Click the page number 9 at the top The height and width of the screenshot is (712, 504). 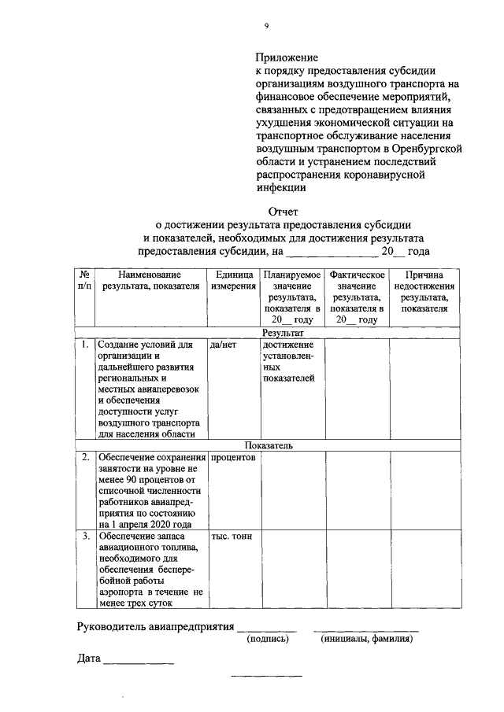point(266,25)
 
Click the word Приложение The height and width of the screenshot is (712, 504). point(286,57)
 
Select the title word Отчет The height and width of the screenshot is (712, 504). point(285,210)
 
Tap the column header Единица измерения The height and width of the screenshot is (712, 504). point(233,281)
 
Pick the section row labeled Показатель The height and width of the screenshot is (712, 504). point(268,445)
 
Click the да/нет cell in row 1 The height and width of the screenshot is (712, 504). point(224,345)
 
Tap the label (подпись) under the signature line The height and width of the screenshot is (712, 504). point(268,640)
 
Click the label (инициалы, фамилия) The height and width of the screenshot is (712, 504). point(367,640)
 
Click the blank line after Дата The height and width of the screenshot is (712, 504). point(139,663)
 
